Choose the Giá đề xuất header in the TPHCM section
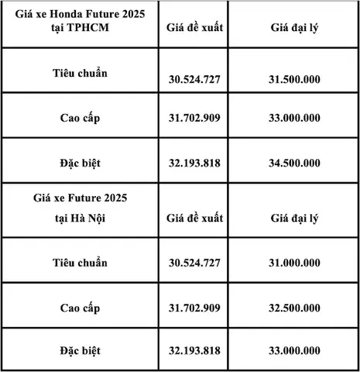(x=194, y=29)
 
